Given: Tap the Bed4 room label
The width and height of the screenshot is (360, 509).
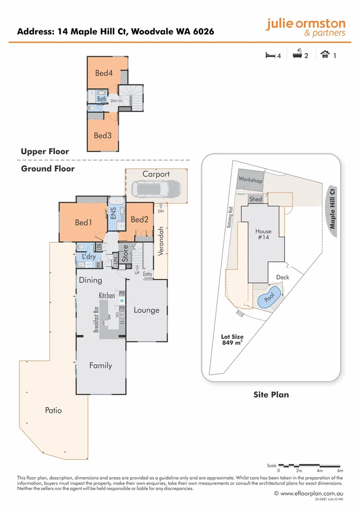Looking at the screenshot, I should (x=104, y=73).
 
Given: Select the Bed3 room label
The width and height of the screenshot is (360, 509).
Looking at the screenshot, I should (x=102, y=135).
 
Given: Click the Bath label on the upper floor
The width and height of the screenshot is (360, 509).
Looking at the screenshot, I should (x=102, y=99).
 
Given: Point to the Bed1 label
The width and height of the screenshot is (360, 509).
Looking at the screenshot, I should (x=83, y=222).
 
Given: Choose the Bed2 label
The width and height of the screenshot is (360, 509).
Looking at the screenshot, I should (x=139, y=220).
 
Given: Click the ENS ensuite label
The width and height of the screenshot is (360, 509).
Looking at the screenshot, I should (x=113, y=213).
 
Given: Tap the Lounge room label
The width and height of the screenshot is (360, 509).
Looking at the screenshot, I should (x=146, y=310).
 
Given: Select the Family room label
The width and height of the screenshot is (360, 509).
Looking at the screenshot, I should (x=101, y=365).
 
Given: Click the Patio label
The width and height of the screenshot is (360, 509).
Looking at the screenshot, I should (x=53, y=410).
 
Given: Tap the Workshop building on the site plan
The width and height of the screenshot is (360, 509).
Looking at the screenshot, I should (x=250, y=179).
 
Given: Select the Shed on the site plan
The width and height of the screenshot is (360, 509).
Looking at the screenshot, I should (x=255, y=199).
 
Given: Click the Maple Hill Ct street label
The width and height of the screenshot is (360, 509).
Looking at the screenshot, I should (x=333, y=209).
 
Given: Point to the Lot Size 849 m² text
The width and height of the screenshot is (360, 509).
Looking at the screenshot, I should (x=232, y=340).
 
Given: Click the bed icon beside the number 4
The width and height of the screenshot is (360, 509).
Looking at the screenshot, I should (x=270, y=55).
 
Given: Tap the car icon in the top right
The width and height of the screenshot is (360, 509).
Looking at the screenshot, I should (x=325, y=55).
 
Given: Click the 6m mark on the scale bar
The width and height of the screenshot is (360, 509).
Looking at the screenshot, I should (x=340, y=470).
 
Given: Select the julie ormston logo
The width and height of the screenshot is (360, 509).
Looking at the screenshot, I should (x=305, y=27).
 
